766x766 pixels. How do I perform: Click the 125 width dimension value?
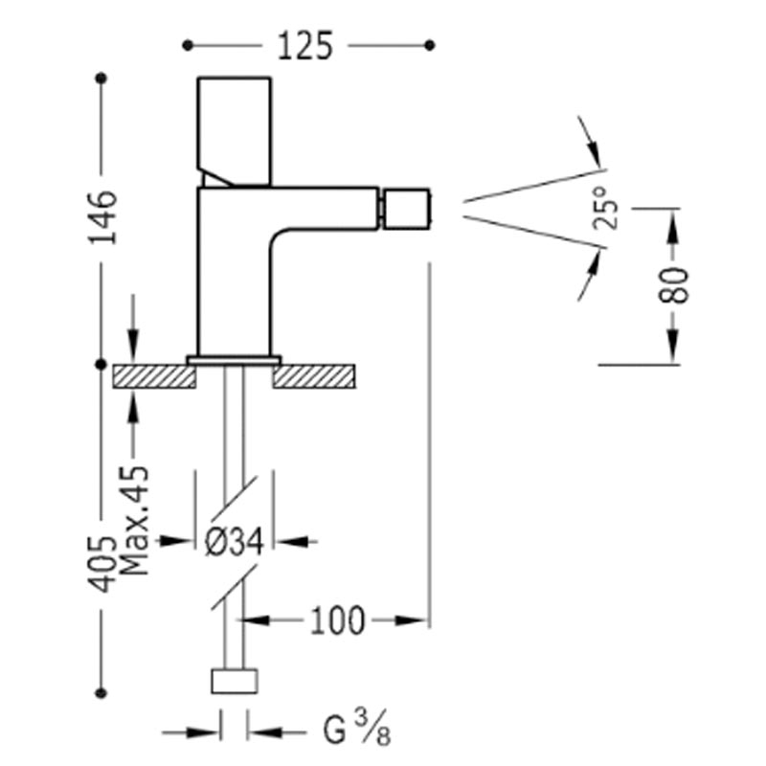305,46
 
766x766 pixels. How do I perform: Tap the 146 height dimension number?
102,217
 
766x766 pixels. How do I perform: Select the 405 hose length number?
102,564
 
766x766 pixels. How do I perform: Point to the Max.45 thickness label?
133,521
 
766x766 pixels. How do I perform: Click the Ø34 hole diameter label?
235,541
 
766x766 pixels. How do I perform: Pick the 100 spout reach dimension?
338,620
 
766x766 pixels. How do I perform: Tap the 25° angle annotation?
605,208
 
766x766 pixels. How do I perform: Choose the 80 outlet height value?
674,285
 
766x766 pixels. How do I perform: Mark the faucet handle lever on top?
235,131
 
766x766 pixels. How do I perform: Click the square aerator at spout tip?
406,209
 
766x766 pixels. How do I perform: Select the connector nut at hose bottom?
235,681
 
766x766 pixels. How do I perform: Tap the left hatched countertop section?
154,376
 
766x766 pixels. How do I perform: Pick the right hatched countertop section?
314,376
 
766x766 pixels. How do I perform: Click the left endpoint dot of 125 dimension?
188,46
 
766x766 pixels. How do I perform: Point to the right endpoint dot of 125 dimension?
430,46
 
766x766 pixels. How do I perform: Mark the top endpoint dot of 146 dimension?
101,79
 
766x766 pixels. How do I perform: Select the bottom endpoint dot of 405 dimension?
101,692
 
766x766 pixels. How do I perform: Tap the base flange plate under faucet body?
234,361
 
